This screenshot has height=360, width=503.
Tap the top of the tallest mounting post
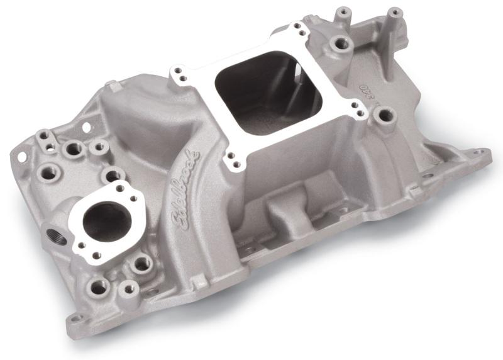pos(394,12)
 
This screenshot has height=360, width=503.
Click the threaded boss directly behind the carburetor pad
pos(341,43)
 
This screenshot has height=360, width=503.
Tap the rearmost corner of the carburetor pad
pos(296,29)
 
